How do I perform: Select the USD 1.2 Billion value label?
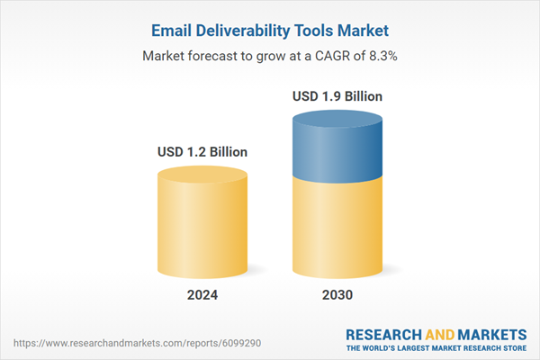pyautogui.click(x=202, y=151)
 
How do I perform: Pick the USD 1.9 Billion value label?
pyautogui.click(x=337, y=95)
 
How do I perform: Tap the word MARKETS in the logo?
pyautogui.click(x=489, y=333)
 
